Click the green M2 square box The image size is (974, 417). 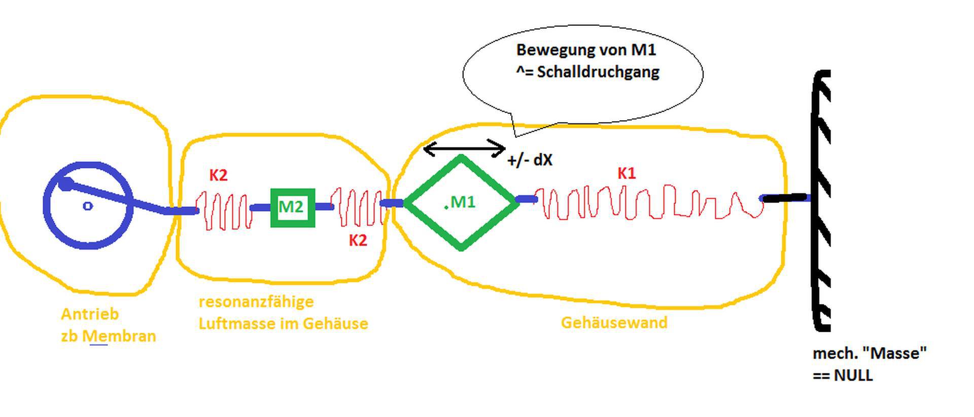(293, 207)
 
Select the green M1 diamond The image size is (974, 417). (461, 202)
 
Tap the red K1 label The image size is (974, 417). (627, 173)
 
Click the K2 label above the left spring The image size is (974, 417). (218, 175)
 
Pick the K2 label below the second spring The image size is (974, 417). (358, 240)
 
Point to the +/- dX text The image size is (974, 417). (530, 160)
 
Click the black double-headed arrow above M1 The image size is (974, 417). (464, 149)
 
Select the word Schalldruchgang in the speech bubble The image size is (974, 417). (598, 72)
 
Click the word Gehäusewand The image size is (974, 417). (614, 323)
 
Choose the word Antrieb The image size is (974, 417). (90, 314)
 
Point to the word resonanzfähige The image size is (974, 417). (256, 301)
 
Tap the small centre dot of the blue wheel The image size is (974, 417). (88, 206)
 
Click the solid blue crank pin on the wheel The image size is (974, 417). (65, 184)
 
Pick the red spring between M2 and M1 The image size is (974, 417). (357, 207)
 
